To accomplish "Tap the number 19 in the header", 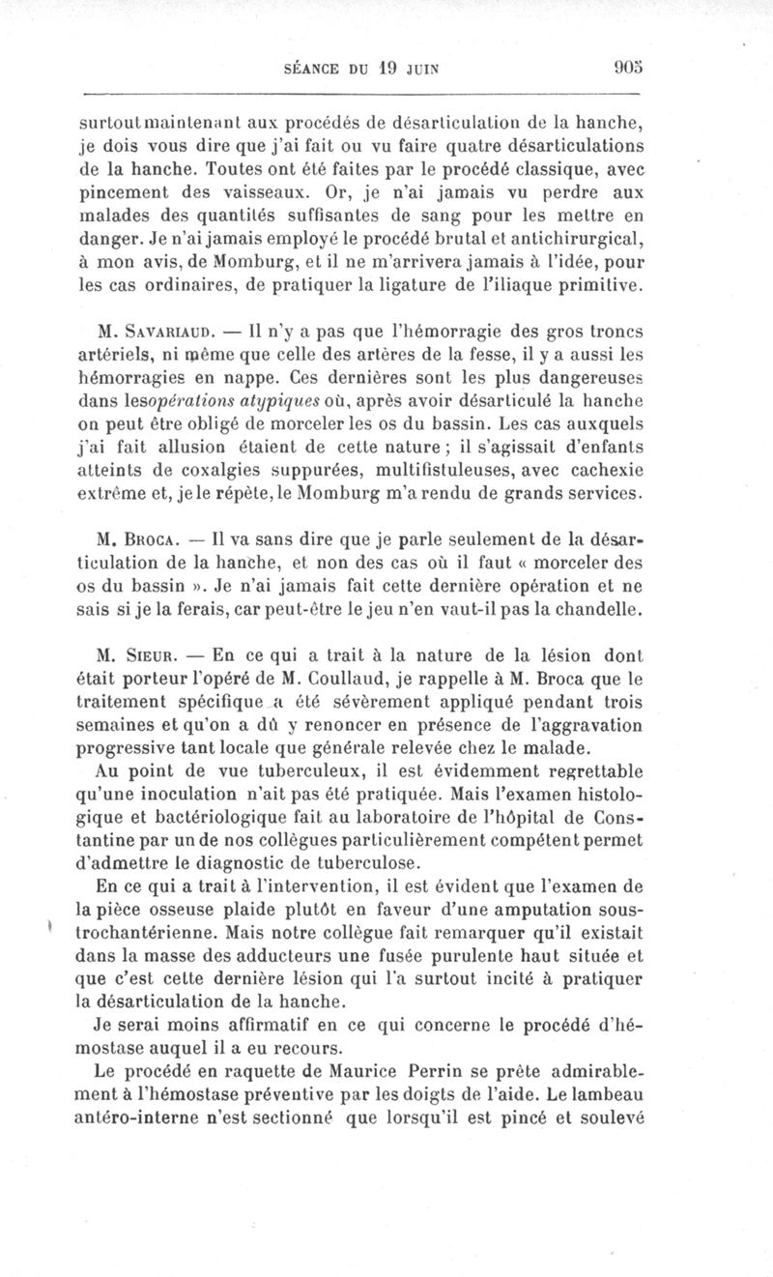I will pyautogui.click(x=386, y=71).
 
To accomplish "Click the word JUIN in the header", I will pyautogui.click(x=425, y=71).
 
